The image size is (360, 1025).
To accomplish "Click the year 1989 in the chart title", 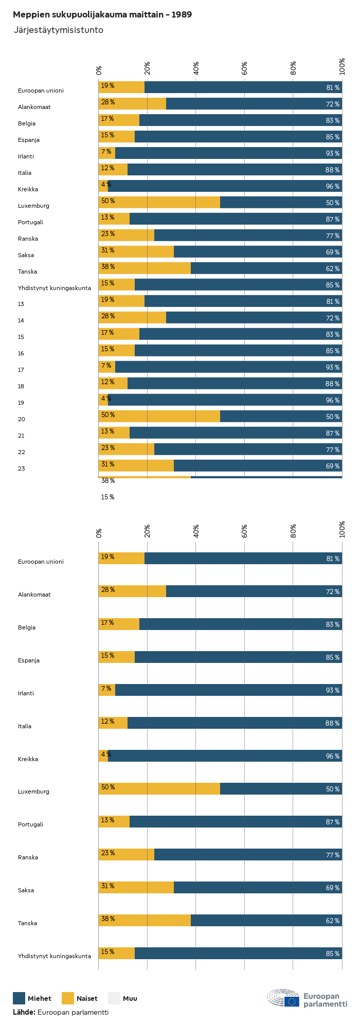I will [x=182, y=15].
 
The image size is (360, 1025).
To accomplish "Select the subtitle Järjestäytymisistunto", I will [x=58, y=30].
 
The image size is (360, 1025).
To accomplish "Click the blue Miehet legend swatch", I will [x=19, y=998].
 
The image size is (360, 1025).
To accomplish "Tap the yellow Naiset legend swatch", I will [x=68, y=998].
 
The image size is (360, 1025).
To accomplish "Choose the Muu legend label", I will [x=130, y=999].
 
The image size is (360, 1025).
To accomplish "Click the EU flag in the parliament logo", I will [x=292, y=1001].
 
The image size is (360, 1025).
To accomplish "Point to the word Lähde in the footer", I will [x=24, y=1012].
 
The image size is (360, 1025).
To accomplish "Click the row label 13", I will [x=21, y=304].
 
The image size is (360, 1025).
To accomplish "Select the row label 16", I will [x=21, y=353].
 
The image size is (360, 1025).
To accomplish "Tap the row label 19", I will [x=21, y=403].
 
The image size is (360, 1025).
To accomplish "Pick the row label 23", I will [x=21, y=469].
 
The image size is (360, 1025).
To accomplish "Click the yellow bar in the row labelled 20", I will [x=159, y=416].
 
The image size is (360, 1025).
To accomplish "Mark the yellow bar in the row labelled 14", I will [x=133, y=317].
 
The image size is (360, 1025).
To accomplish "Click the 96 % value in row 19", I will [x=333, y=401].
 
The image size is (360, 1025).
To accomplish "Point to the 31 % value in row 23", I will [x=107, y=464].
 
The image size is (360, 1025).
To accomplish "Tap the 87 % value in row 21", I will [x=333, y=434].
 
